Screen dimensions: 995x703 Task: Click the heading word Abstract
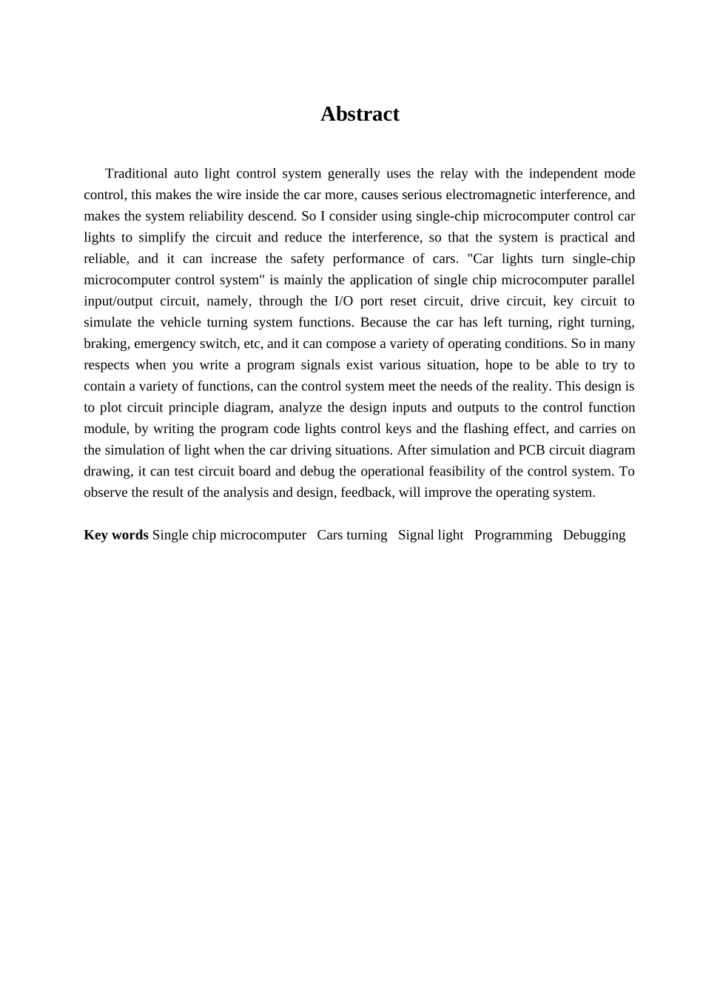[360, 114]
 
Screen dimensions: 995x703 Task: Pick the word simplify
[161, 238]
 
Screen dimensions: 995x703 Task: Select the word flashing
[481, 429]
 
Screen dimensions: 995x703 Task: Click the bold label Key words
[116, 535]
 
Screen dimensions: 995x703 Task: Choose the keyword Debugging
[593, 535]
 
